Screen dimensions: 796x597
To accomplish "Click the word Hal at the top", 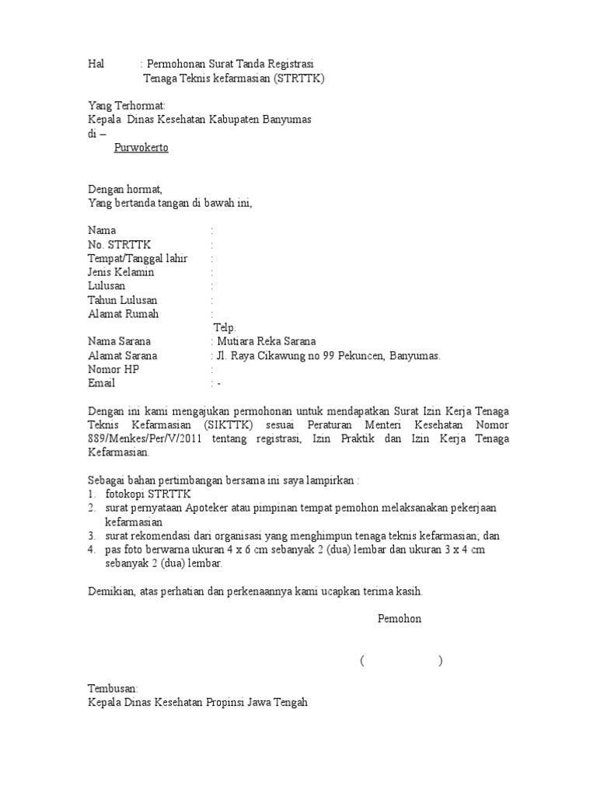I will point(96,64).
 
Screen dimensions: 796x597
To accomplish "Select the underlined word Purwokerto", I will point(141,148).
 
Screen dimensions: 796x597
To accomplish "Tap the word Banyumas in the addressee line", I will point(286,120).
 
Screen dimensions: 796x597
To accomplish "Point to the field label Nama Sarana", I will point(120,341).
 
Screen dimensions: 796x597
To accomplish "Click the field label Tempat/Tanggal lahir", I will point(138,258).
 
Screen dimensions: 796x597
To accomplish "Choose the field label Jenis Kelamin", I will point(121,272).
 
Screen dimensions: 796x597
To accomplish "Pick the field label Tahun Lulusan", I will point(123,300).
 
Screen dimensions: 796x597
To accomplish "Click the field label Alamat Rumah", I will point(124,314).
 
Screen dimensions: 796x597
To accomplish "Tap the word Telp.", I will point(225,328).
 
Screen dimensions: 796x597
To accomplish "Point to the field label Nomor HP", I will point(113,369).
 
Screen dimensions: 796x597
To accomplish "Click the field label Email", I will point(101,383).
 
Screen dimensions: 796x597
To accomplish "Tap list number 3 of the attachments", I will point(91,536).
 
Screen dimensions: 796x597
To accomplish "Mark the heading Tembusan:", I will point(113,689).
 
